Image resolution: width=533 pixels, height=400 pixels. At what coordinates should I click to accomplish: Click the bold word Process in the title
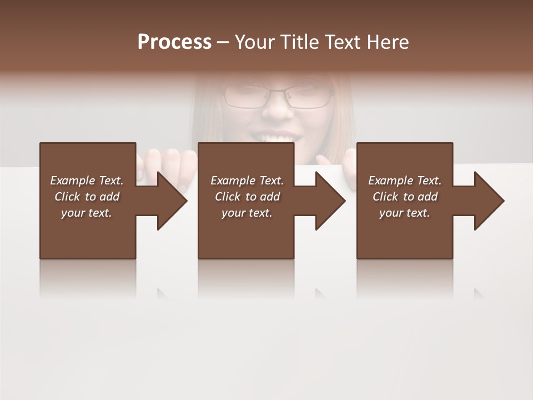click(174, 42)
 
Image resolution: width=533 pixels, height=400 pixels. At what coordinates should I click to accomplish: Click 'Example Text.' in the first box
click(87, 181)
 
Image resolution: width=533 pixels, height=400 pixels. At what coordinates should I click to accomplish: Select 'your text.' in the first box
click(87, 213)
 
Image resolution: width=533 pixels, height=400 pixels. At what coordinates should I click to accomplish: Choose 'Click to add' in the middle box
click(247, 197)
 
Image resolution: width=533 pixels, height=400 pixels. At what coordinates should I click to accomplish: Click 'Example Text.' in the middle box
click(247, 181)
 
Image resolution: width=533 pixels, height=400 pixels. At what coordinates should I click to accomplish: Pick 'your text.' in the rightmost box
click(405, 213)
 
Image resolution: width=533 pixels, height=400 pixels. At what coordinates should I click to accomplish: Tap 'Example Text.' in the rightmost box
click(405, 181)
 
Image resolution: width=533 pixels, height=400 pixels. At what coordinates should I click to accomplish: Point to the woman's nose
click(277, 109)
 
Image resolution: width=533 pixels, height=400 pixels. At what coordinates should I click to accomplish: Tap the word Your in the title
click(254, 42)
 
